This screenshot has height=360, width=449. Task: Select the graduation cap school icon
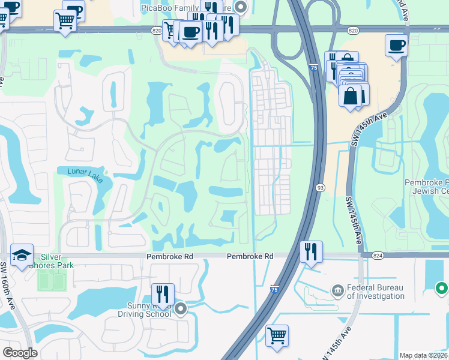(x=22, y=254)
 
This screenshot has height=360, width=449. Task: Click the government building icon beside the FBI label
(x=337, y=291)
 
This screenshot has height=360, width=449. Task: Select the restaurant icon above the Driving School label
(x=163, y=294)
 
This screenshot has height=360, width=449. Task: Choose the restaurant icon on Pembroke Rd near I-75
(x=311, y=251)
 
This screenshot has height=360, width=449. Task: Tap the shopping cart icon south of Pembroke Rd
(x=277, y=335)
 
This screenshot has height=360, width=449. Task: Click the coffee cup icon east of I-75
(x=397, y=45)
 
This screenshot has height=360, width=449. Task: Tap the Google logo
(x=20, y=353)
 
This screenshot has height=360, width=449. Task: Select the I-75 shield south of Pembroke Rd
(x=274, y=289)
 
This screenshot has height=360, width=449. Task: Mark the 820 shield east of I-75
(x=354, y=29)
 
